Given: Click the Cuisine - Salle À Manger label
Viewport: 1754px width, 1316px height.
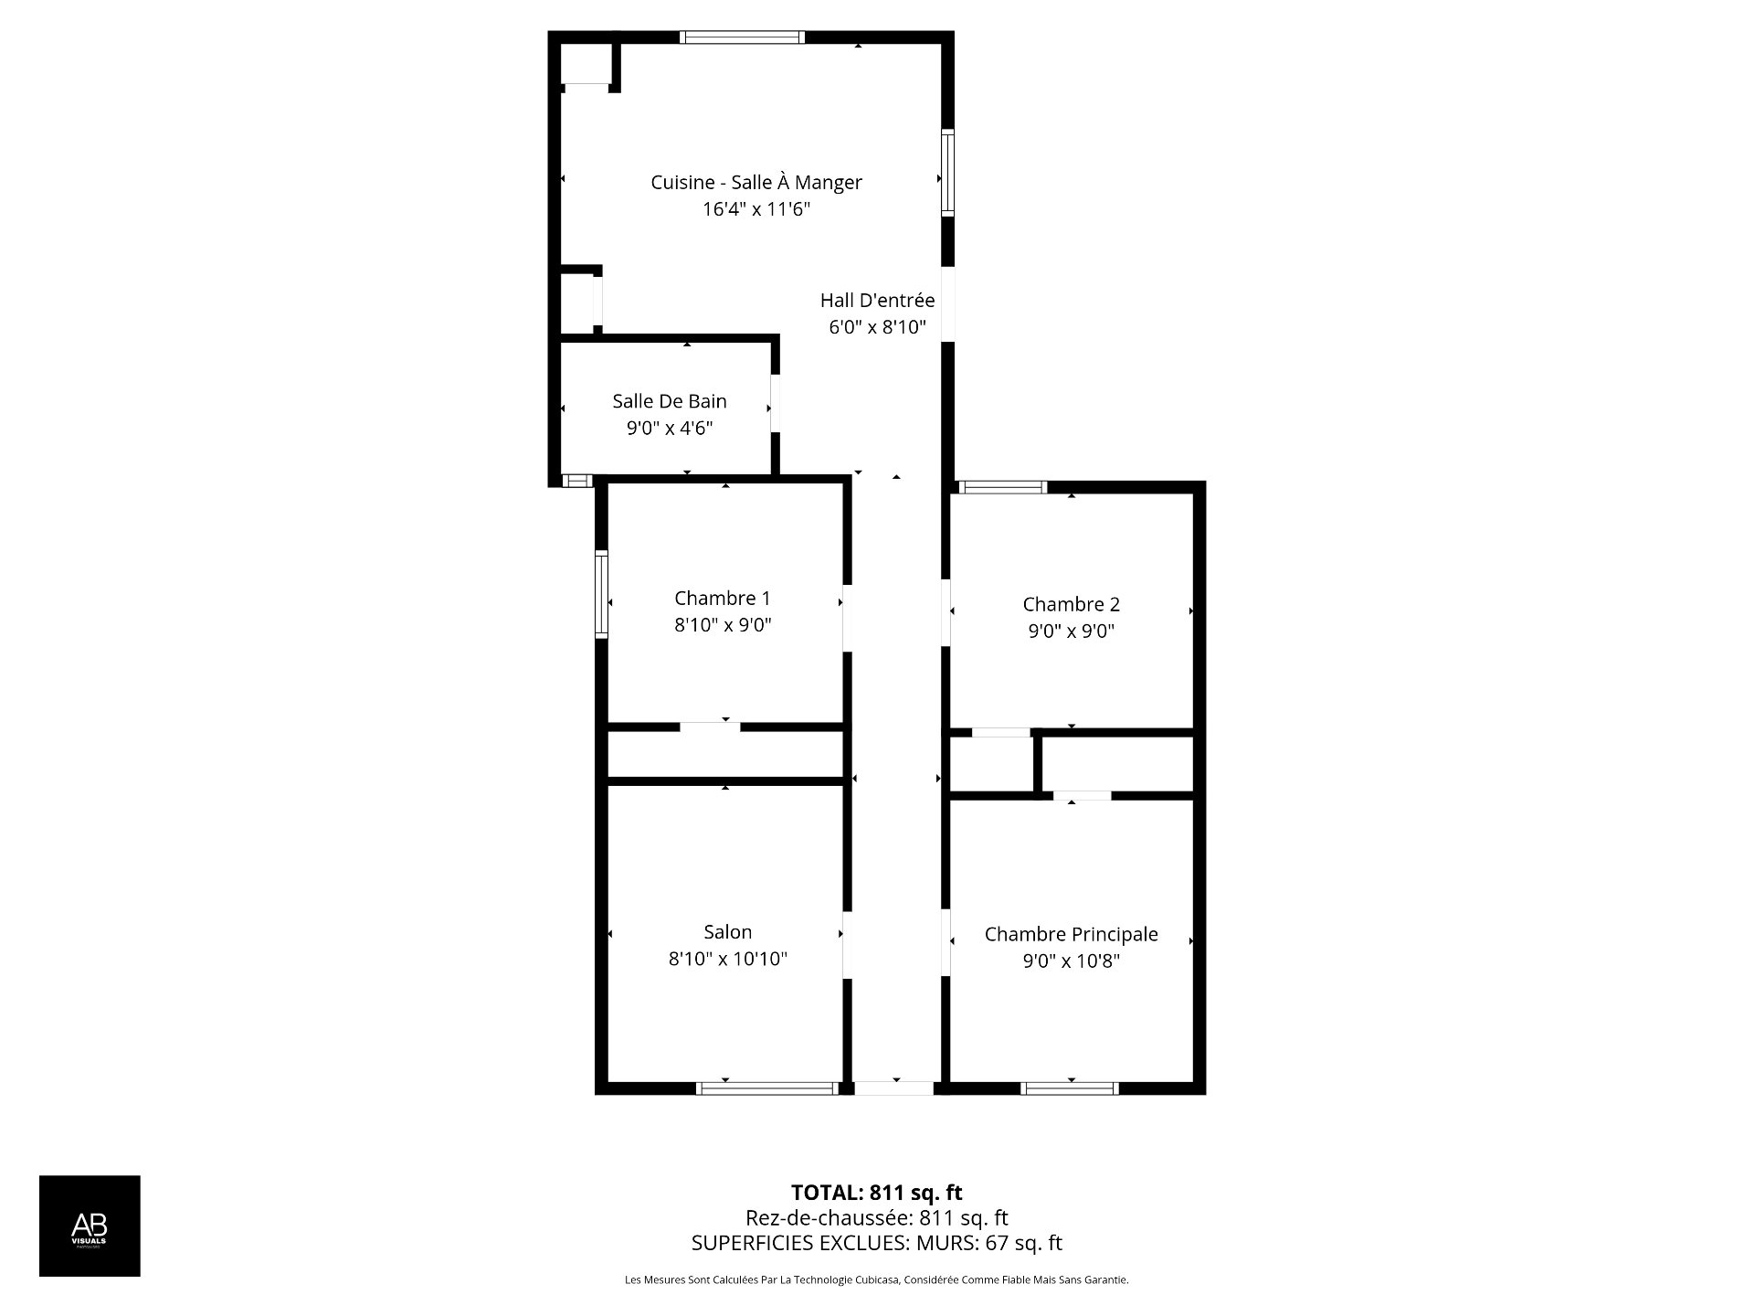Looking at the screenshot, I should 755,182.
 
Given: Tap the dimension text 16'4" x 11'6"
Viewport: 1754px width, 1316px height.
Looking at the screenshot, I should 755,209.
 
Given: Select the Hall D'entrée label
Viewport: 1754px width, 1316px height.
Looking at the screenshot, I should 877,300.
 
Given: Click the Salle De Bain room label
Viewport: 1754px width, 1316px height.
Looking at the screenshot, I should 669,400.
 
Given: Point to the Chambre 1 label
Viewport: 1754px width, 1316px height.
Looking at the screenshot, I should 722,598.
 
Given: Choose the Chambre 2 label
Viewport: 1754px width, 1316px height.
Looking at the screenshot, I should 1071,604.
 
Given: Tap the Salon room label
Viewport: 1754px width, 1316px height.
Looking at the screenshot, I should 727,932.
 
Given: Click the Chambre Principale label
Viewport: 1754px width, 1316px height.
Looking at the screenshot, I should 1071,934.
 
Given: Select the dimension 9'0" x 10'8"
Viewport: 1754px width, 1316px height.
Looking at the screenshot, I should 1071,960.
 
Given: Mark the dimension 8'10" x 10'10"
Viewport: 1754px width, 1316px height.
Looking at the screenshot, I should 727,959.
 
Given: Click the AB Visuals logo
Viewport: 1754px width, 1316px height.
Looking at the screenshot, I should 90,1226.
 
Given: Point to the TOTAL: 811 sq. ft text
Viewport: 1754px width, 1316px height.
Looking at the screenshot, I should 876,1193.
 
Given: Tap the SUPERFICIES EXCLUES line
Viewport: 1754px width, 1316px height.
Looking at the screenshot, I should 876,1243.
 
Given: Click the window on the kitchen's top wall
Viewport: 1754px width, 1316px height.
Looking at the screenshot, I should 742,37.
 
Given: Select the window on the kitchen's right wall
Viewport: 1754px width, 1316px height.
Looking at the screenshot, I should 948,173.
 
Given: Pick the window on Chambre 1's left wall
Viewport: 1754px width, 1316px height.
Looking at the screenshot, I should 601,593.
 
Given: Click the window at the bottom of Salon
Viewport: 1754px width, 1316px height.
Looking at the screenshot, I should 766,1088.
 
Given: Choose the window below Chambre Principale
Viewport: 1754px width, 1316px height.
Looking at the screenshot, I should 1069,1088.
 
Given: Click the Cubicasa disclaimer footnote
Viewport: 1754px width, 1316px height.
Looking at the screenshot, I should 876,1280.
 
